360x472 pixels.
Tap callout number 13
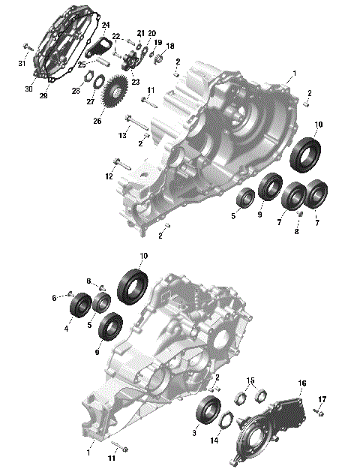coord(123,135)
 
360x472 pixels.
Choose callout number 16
coord(302,383)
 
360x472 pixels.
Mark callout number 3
coord(195,432)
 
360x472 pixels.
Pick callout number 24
coord(106,24)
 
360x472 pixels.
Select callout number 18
coord(170,46)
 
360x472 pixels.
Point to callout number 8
coord(296,232)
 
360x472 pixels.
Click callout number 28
coord(76,91)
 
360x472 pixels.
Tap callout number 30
coord(29,89)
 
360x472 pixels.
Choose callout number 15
coord(252,380)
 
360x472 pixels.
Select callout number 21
coord(141,33)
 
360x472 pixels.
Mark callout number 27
coord(90,102)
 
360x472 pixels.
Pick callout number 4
coord(67,328)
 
